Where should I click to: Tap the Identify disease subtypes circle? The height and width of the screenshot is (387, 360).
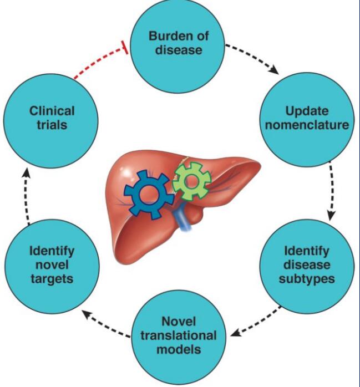coord(307,264)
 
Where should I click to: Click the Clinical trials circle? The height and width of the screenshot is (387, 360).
coord(52,118)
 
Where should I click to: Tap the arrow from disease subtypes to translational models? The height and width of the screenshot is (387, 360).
coord(256,320)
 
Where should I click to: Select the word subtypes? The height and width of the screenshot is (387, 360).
coord(307,278)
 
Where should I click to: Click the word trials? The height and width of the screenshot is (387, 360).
coord(52,125)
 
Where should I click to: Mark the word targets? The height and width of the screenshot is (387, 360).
coord(52,278)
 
